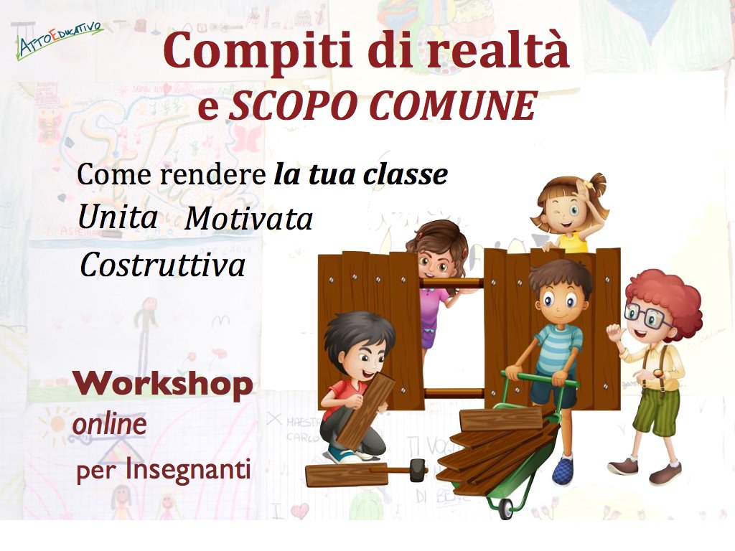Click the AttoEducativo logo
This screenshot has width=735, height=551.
(60, 40)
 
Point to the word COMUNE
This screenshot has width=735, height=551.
(454, 105)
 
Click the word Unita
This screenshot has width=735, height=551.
(117, 217)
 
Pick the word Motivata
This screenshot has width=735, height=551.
(248, 218)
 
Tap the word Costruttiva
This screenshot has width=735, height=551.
(162, 264)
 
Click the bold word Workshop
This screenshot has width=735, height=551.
(163, 385)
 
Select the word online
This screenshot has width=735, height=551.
(109, 424)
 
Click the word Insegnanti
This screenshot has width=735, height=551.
(187, 470)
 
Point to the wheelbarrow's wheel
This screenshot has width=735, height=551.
(506, 509)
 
